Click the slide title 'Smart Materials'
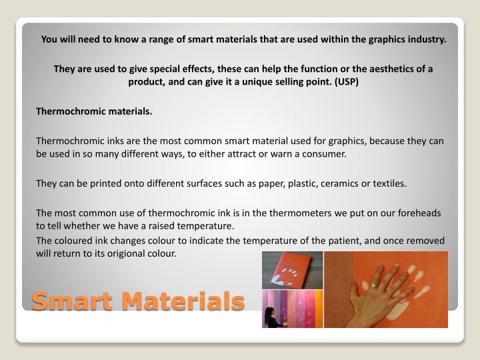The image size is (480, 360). click(x=138, y=302)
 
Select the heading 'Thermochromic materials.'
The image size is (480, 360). click(x=94, y=111)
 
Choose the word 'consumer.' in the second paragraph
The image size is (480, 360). click(x=326, y=153)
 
